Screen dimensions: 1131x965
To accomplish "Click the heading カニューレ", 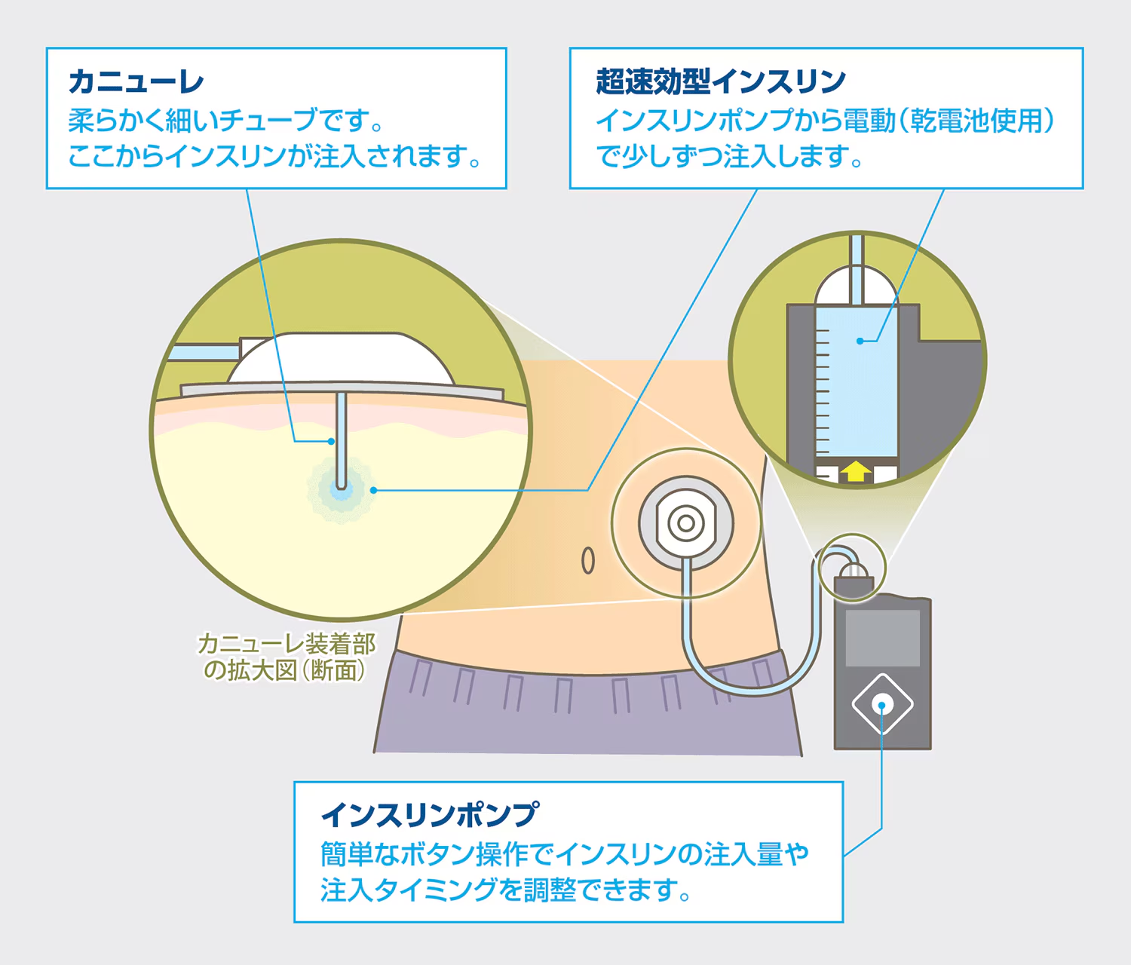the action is click(136, 82).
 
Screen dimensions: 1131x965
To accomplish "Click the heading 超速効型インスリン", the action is click(721, 82).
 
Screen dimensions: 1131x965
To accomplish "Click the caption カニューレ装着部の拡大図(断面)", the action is click(287, 657).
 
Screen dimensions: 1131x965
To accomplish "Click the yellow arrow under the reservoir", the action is click(857, 471).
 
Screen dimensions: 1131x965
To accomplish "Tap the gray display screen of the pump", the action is click(883, 638).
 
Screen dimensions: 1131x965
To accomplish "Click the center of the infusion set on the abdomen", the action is click(685, 523).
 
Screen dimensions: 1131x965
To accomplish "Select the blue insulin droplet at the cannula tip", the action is click(341, 489).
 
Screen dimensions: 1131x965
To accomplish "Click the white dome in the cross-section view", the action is click(341, 358).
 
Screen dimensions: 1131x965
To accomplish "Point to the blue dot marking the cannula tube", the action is click(331, 442).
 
